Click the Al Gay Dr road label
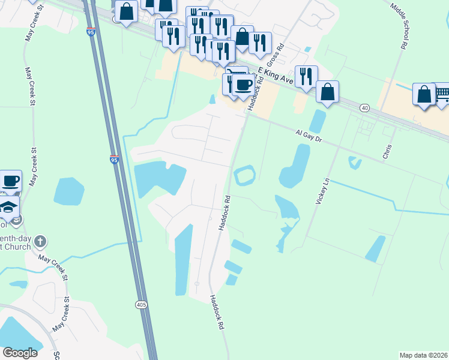309,136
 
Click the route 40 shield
365,107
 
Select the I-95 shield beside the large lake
114,159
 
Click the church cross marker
40,242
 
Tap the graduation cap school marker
10,207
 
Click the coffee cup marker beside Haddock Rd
243,85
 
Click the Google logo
20,353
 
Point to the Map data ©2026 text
424,355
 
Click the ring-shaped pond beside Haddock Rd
245,175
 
